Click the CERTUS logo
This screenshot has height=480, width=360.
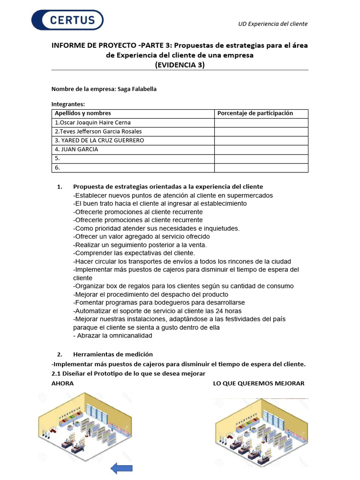[67, 20]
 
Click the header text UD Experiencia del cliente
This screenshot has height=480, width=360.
[273, 24]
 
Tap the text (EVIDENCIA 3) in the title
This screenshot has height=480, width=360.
[180, 65]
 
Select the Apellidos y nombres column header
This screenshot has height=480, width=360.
[83, 113]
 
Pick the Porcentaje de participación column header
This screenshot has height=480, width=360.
[255, 113]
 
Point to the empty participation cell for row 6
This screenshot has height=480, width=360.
[261, 167]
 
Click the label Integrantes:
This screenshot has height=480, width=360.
[68, 104]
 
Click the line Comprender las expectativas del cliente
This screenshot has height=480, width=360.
[124, 253]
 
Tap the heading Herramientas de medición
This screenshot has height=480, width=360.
[112, 354]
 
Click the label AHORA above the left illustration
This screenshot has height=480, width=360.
[62, 383]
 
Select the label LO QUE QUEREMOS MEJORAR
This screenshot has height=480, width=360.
[258, 383]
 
